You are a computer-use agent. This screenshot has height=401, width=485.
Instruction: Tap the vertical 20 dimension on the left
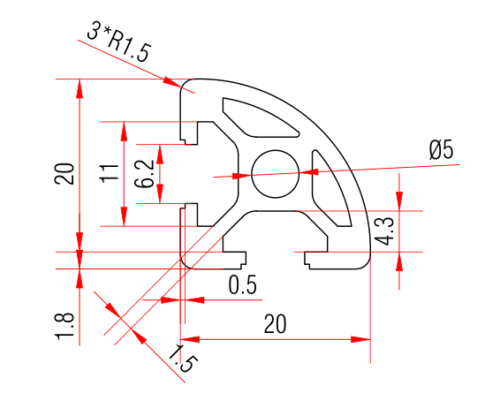[x=63, y=173]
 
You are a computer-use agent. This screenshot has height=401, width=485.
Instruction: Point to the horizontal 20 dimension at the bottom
[x=276, y=324]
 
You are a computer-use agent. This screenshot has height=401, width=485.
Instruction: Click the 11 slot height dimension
[x=108, y=172]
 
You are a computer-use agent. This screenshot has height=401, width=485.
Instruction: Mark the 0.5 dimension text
[x=242, y=284]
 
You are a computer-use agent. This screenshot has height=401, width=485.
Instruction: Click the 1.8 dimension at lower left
[x=64, y=325]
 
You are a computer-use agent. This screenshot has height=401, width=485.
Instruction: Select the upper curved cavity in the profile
[x=261, y=116]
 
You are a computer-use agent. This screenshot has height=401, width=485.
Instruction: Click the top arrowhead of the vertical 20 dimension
[x=80, y=87]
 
